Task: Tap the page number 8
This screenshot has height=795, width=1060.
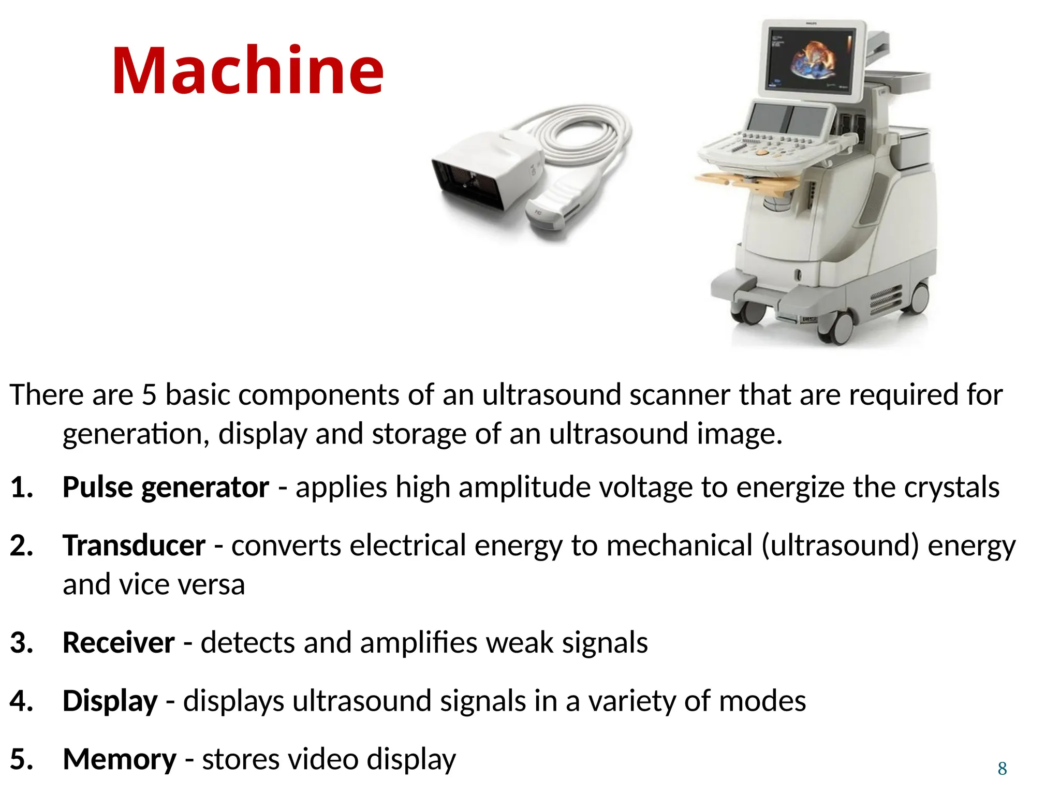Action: (1002, 768)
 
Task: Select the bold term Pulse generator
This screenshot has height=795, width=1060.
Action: (166, 487)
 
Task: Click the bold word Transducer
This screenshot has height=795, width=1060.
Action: (134, 546)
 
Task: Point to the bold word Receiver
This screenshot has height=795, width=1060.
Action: (119, 643)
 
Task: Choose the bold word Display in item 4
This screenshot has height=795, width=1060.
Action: (110, 701)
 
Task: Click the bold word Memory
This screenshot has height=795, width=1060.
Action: (120, 759)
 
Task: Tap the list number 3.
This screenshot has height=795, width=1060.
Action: (21, 643)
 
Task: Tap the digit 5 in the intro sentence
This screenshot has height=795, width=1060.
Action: (149, 395)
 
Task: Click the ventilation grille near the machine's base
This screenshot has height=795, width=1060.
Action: (886, 301)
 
